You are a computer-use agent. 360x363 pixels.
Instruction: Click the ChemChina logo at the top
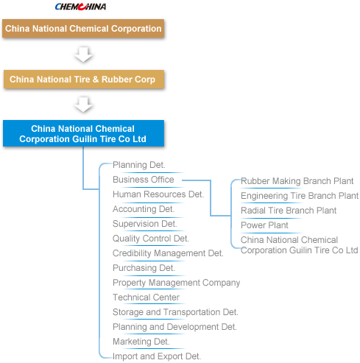(x=80, y=7)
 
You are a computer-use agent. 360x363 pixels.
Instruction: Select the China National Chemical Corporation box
(x=83, y=29)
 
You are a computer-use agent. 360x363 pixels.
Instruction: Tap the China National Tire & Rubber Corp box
(x=84, y=80)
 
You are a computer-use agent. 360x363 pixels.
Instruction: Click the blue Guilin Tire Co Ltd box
(x=83, y=133)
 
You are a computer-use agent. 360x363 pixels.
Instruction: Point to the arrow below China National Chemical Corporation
(x=83, y=54)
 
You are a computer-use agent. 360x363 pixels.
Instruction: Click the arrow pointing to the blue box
(x=83, y=105)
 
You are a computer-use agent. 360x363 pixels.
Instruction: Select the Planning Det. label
(x=139, y=165)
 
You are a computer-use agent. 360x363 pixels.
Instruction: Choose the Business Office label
(x=144, y=180)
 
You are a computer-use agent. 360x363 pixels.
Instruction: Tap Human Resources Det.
(x=158, y=194)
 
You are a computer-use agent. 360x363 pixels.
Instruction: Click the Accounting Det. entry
(x=144, y=209)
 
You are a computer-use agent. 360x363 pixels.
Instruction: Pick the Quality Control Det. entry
(x=151, y=239)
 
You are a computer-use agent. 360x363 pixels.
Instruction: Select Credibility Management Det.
(x=168, y=253)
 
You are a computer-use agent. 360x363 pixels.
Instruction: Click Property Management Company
(x=176, y=283)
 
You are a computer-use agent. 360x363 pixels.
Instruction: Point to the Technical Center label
(x=146, y=297)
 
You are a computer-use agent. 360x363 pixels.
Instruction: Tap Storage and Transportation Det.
(x=175, y=312)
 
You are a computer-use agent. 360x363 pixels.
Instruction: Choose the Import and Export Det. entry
(x=157, y=356)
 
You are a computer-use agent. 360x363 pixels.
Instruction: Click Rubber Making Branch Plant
(x=297, y=181)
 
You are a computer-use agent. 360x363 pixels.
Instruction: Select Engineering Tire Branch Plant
(x=300, y=196)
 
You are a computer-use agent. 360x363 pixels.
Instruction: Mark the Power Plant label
(x=264, y=225)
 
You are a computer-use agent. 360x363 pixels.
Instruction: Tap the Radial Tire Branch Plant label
(x=289, y=211)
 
